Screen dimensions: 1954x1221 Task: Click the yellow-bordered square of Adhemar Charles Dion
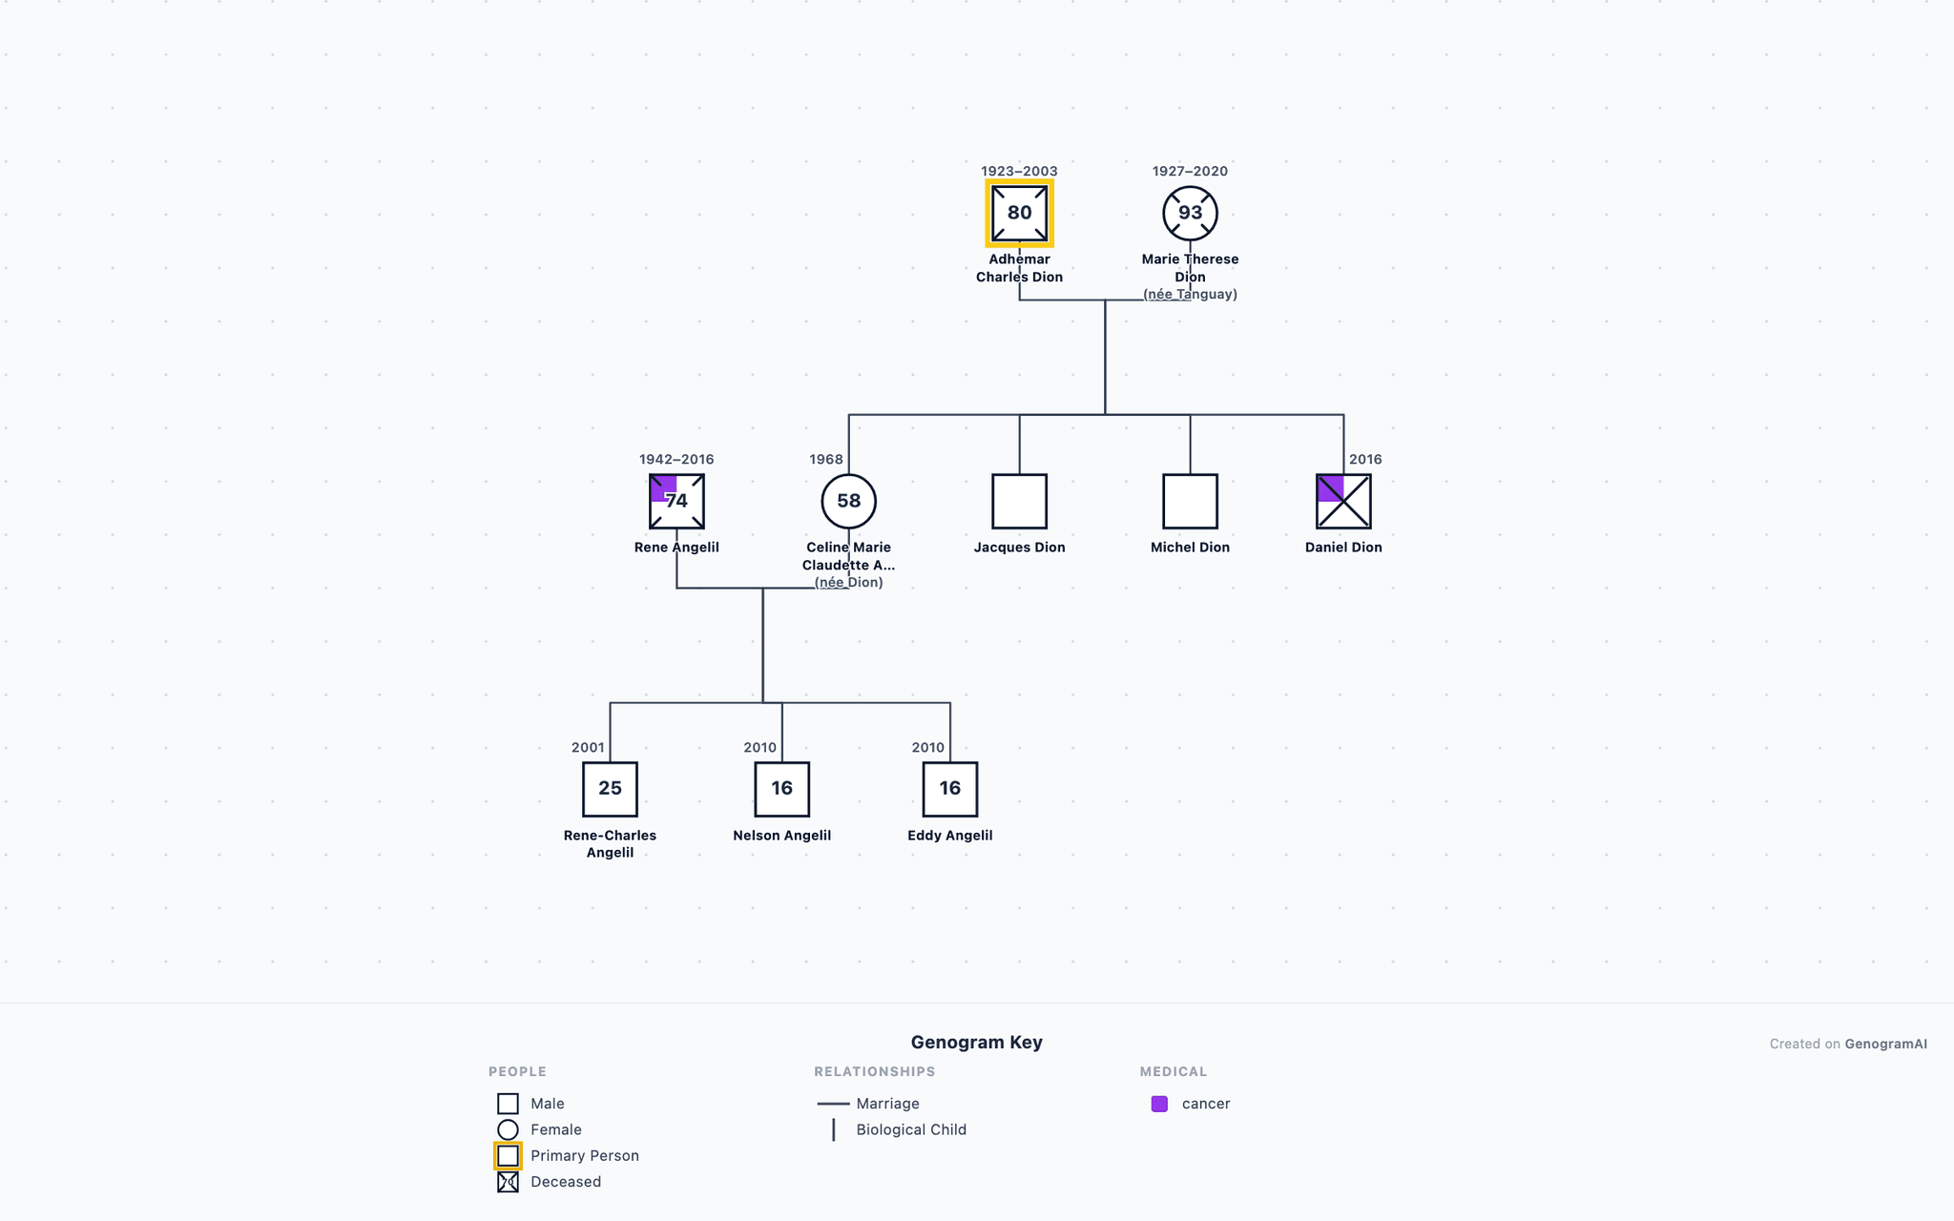(x=1019, y=213)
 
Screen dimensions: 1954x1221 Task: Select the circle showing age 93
(x=1190, y=213)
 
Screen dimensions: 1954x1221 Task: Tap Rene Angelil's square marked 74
(x=676, y=501)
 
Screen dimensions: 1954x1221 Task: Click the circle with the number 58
(x=848, y=501)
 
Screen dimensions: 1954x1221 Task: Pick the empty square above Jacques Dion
(x=1019, y=501)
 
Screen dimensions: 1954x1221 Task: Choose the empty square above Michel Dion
(x=1190, y=501)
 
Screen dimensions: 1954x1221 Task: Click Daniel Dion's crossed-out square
(x=1343, y=501)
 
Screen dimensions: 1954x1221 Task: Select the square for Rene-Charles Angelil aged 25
(x=610, y=789)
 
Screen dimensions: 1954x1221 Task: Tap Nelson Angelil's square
(x=781, y=789)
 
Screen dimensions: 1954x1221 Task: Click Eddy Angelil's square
(x=949, y=789)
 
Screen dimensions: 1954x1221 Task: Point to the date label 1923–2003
(x=1019, y=172)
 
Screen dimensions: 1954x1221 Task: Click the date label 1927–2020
(x=1190, y=172)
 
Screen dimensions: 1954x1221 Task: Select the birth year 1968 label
(x=826, y=460)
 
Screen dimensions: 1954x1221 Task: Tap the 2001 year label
(x=588, y=748)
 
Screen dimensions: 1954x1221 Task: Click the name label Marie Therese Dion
(x=1190, y=268)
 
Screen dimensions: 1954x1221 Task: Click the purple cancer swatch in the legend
(x=1159, y=1104)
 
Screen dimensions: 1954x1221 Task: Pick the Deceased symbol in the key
(x=508, y=1182)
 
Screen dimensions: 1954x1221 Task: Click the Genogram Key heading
(x=976, y=1043)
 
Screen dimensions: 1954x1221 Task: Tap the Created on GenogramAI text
(x=1848, y=1044)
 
